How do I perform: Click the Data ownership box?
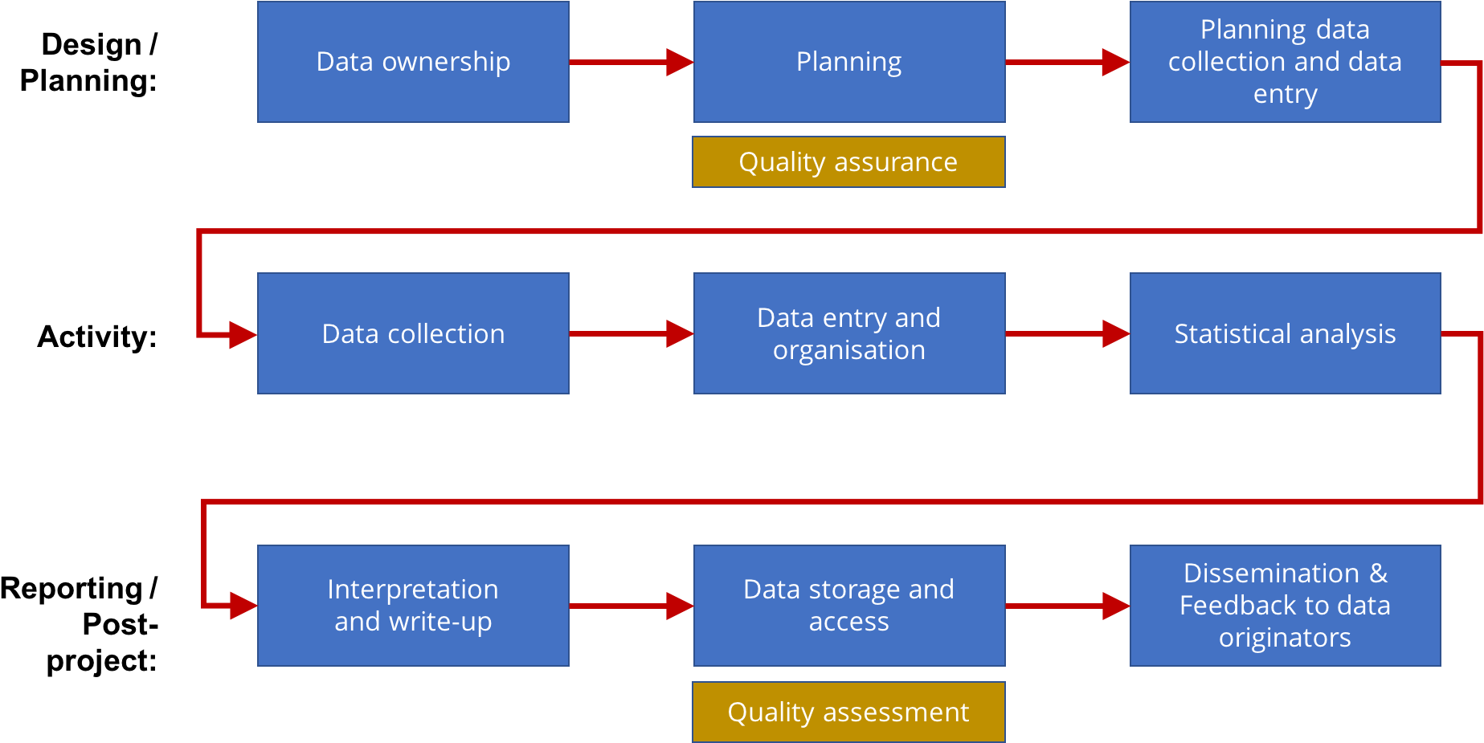pos(413,62)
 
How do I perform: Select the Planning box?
pos(849,62)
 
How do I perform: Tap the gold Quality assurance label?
pos(848,162)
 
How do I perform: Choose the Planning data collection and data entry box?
pos(1285,62)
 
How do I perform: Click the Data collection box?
pos(413,333)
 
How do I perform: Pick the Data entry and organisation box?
pos(849,333)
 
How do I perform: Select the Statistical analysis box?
pos(1285,333)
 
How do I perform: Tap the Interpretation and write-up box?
pos(413,606)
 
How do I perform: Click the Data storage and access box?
pos(849,606)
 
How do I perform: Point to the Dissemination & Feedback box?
pos(1285,606)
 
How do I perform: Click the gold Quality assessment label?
pos(848,712)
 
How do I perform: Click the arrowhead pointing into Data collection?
pos(243,334)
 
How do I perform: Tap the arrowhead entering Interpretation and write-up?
pos(243,606)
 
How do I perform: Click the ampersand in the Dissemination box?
pos(1379,574)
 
